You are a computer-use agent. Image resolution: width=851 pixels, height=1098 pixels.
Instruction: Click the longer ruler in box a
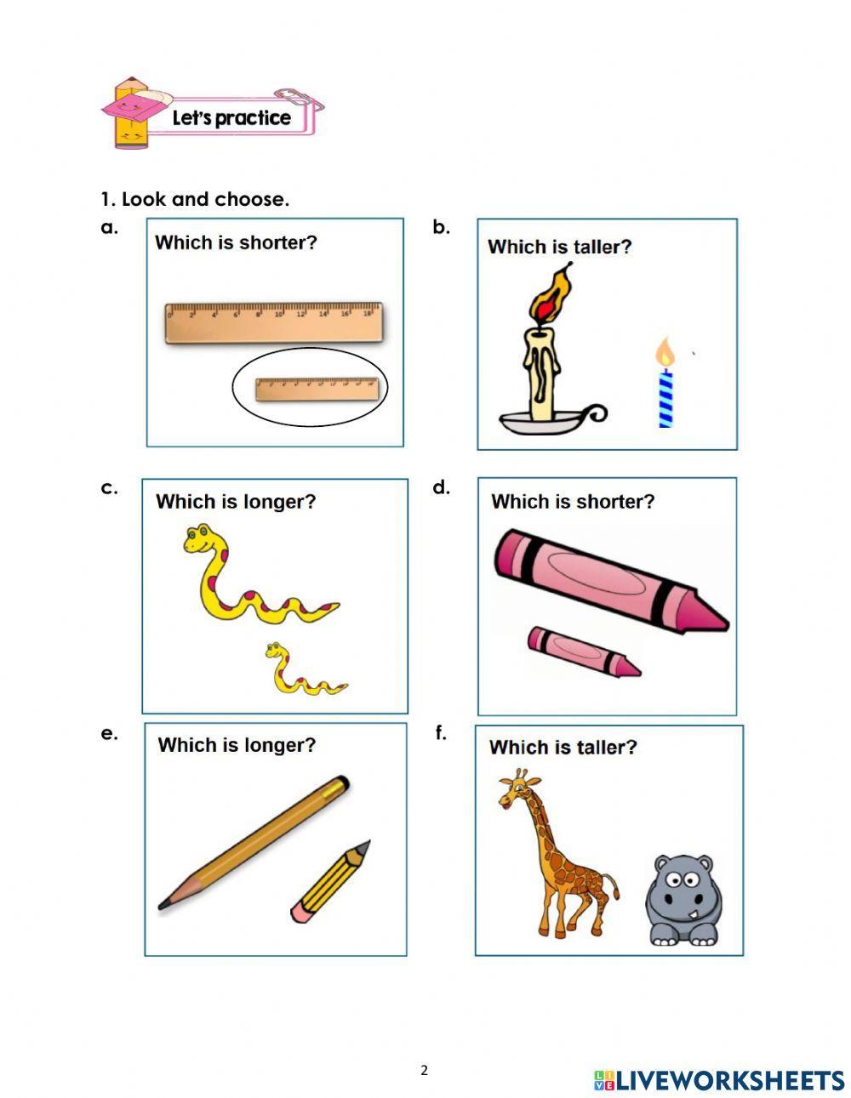point(272,324)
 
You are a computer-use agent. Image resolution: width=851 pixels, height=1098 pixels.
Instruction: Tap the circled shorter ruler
point(317,389)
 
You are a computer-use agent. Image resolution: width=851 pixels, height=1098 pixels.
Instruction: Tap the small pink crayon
point(583,651)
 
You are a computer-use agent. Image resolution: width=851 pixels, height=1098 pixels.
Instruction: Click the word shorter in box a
point(277,242)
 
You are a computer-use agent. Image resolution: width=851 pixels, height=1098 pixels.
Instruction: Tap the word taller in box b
point(602,247)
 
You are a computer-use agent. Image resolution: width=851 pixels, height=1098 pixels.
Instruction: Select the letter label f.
point(441,733)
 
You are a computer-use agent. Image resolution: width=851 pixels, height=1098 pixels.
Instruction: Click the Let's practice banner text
point(231,118)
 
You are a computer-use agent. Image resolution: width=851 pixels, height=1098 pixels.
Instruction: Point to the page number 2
point(425,1071)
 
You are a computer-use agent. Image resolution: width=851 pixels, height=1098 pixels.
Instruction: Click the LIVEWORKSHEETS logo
point(719,1080)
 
